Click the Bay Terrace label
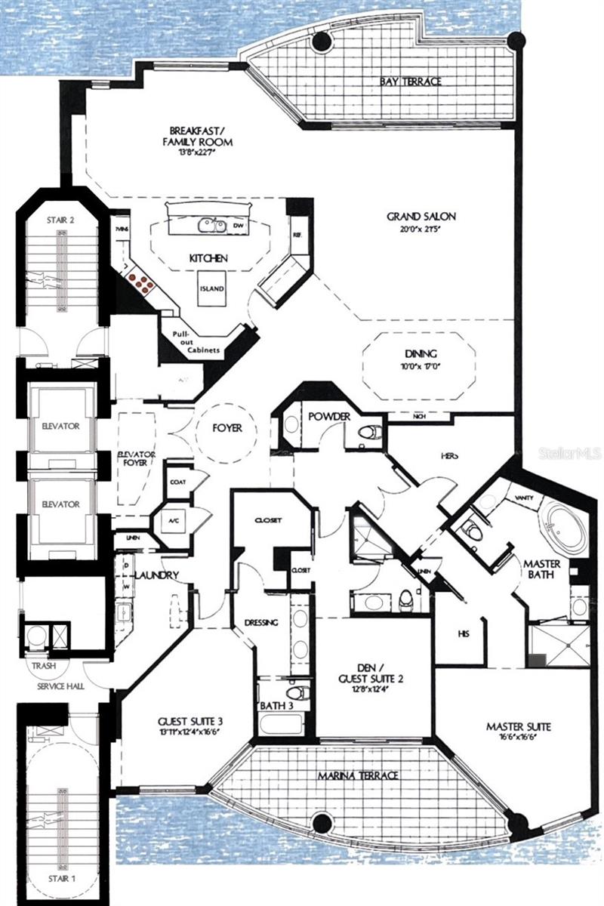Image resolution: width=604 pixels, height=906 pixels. point(411,81)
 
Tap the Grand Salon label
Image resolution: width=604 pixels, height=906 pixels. point(421,217)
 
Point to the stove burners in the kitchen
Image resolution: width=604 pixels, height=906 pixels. point(141,282)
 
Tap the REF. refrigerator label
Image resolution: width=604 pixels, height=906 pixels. point(297,236)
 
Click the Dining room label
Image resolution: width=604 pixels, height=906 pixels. point(421,353)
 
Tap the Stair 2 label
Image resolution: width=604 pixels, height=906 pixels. point(59,220)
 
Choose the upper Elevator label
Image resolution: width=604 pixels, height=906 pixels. point(61,426)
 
